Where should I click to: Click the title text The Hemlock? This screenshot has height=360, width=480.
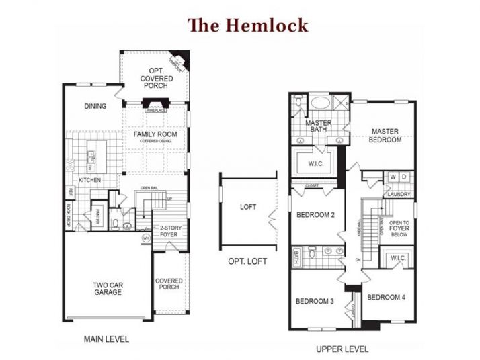[x=248, y=26]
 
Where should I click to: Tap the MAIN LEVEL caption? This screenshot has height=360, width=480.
[x=106, y=339]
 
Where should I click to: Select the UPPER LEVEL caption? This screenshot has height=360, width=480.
[x=342, y=349]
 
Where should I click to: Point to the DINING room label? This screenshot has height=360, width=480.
[x=95, y=106]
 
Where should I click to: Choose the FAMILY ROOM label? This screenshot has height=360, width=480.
[x=155, y=134]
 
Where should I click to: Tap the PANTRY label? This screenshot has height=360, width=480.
[x=97, y=216]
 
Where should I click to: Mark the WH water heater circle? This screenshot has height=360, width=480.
[x=145, y=238]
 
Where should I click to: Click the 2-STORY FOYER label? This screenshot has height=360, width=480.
[x=169, y=232]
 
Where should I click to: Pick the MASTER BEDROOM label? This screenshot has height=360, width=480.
[x=385, y=136]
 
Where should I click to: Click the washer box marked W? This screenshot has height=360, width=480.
[x=393, y=177]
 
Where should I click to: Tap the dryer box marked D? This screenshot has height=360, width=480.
[x=403, y=177]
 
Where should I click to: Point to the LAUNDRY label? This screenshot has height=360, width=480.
[x=398, y=195]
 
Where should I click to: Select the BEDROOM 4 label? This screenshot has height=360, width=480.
[x=387, y=297]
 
